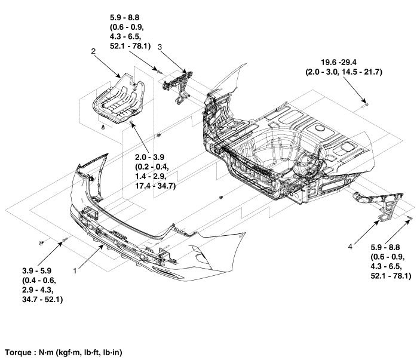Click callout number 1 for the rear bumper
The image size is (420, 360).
[x=75, y=270]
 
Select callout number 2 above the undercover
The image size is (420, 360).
[x=93, y=52]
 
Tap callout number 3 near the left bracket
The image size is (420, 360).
[x=160, y=46]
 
